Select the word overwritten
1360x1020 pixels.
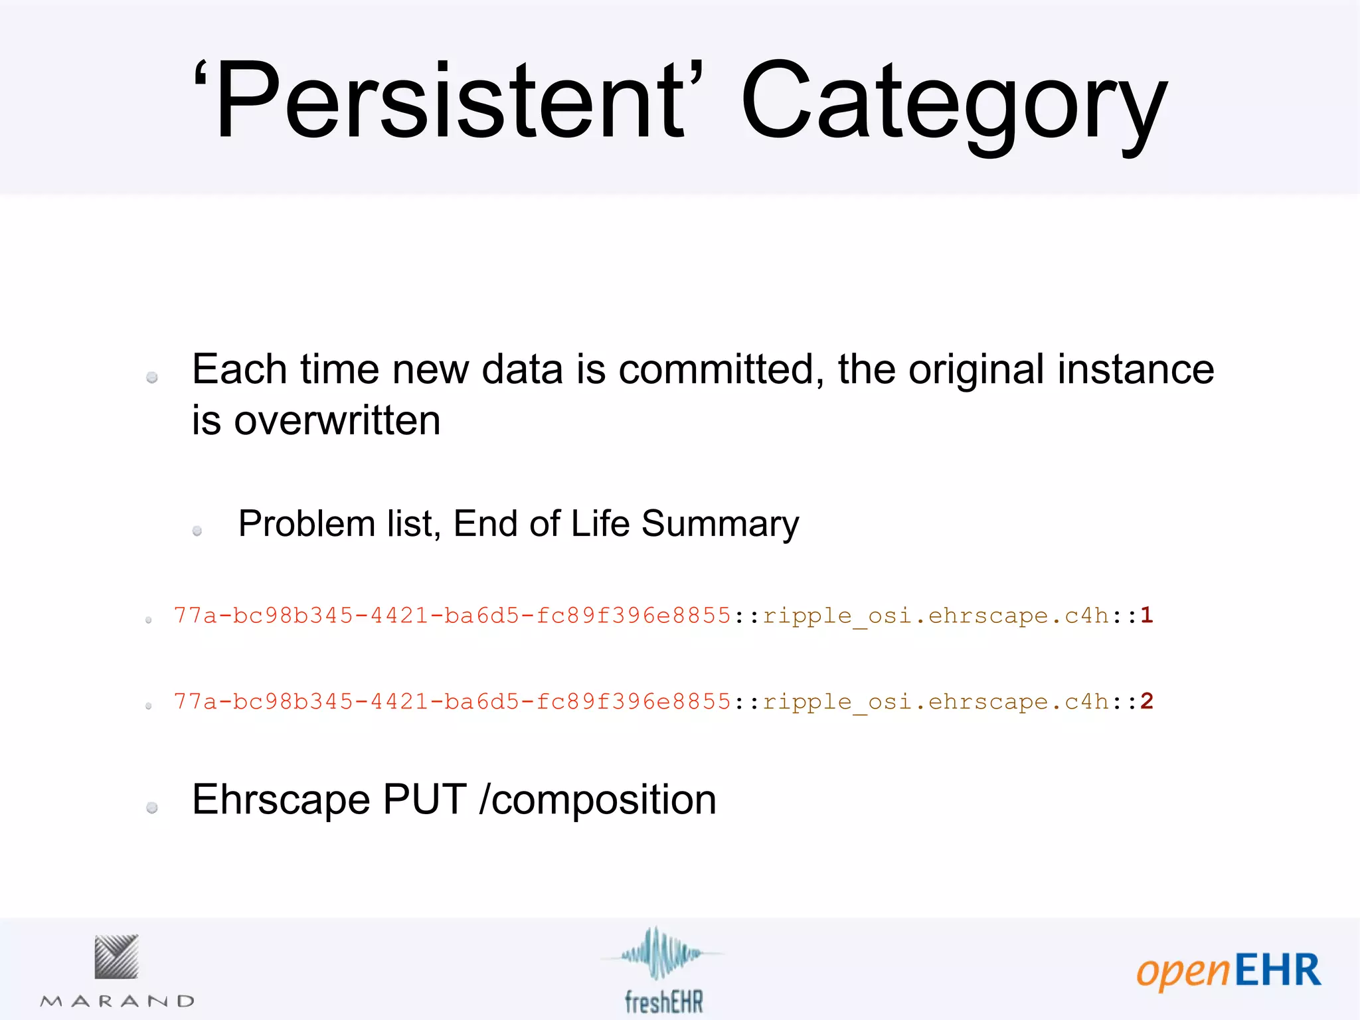(x=337, y=421)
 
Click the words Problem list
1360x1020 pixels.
(x=339, y=523)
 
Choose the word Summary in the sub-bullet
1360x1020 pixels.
(x=720, y=525)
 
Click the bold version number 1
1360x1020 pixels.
(x=1147, y=615)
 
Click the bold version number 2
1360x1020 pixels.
(x=1147, y=701)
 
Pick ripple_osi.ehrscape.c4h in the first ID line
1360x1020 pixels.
(x=935, y=616)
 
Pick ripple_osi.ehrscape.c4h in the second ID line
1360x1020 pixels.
(x=935, y=703)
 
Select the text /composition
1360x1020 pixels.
(x=598, y=801)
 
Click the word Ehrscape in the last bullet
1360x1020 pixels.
(x=281, y=800)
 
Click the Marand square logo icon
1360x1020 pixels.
(x=116, y=956)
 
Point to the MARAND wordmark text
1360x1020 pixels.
(x=118, y=1001)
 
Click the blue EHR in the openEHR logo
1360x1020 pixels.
(x=1278, y=970)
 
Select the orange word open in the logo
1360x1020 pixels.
(x=1183, y=973)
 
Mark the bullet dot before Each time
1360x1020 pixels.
(x=152, y=377)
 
